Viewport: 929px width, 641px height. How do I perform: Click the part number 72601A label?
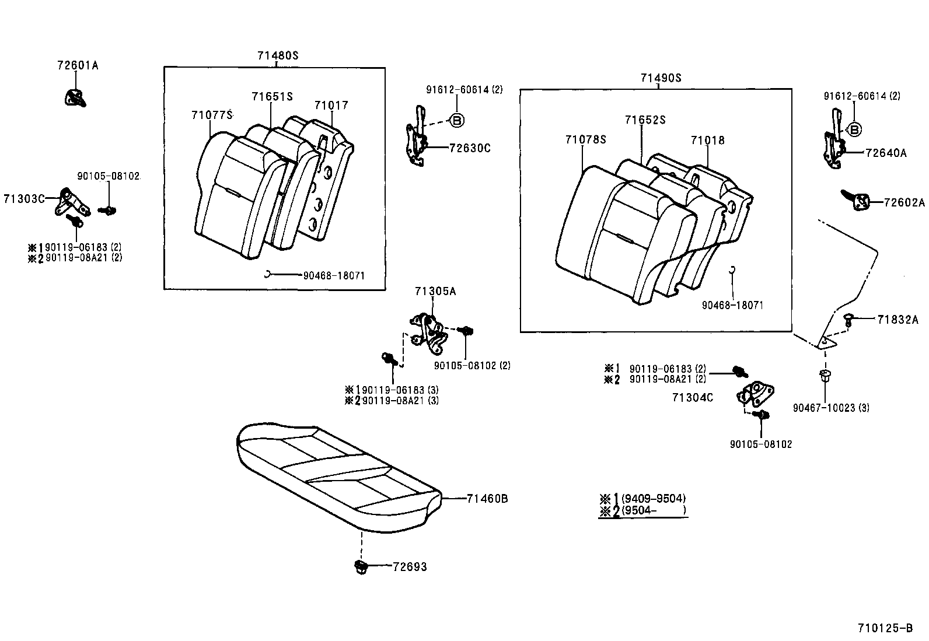(x=78, y=66)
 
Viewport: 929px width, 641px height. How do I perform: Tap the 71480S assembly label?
(x=278, y=55)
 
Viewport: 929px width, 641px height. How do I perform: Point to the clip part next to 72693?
(x=361, y=566)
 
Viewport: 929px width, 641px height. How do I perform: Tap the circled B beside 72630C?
(x=456, y=121)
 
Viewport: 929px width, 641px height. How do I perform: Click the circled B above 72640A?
(x=854, y=129)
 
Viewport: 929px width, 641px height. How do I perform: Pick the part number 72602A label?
(x=904, y=202)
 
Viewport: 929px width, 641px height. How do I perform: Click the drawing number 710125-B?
(x=885, y=628)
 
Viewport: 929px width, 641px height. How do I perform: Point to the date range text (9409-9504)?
(x=653, y=499)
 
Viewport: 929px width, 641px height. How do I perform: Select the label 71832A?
(x=897, y=319)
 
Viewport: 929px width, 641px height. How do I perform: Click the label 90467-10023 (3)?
(x=831, y=408)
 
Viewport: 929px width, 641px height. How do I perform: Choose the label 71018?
(x=707, y=141)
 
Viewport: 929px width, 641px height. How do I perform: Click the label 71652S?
(x=645, y=120)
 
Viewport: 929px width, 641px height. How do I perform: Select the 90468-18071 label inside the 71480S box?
(x=333, y=275)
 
